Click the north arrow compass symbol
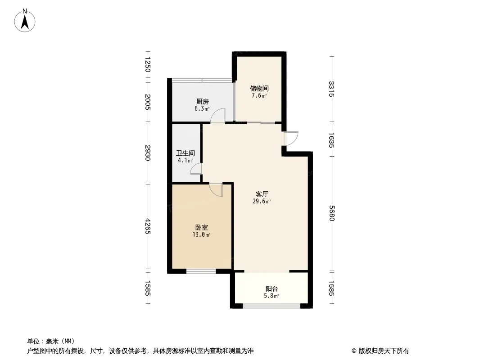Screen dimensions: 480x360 pyautogui.click(x=25, y=21)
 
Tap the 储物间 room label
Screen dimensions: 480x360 pyautogui.click(x=259, y=88)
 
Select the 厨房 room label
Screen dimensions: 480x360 pyautogui.click(x=202, y=101)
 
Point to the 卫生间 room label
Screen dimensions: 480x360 pyautogui.click(x=186, y=153)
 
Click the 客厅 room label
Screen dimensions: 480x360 pyautogui.click(x=262, y=194)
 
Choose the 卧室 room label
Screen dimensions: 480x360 pyautogui.click(x=201, y=227)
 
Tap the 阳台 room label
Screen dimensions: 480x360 pyautogui.click(x=272, y=288)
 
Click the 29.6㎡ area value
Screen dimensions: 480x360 pyautogui.click(x=262, y=201)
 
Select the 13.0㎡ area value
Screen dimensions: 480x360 pyautogui.click(x=201, y=234)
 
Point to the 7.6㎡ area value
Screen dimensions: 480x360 pyautogui.click(x=259, y=95)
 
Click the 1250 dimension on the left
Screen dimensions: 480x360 pyautogui.click(x=148, y=64)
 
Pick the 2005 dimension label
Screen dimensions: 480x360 pyautogui.click(x=148, y=102)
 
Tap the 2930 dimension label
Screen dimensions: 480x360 pyautogui.click(x=148, y=153)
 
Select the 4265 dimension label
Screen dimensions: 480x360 pyautogui.click(x=148, y=226)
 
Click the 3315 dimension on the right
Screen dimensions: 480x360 pyautogui.click(x=332, y=89)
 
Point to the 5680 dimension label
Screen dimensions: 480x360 pyautogui.click(x=332, y=213)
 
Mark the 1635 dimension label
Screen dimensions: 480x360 pyautogui.click(x=332, y=139)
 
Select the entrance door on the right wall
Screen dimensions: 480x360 pyautogui.click(x=291, y=138)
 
